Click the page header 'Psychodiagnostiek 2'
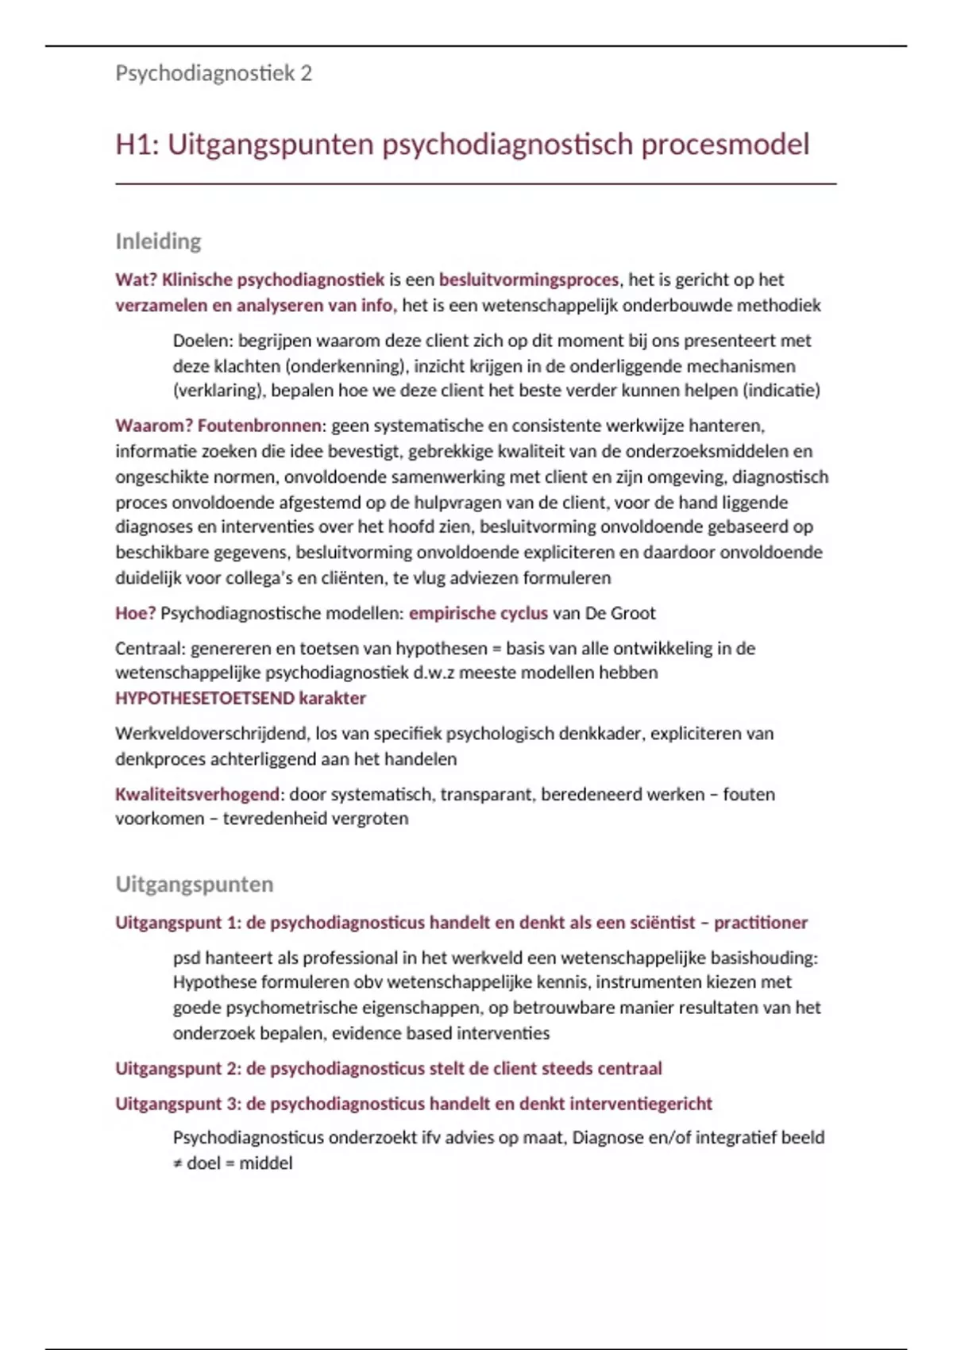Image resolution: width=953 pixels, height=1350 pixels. (214, 74)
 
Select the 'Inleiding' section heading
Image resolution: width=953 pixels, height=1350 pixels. (158, 241)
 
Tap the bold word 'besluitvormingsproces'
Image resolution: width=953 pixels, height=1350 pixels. (528, 280)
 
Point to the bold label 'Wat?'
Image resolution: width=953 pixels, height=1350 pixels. (136, 280)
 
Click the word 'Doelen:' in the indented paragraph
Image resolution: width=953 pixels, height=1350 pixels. (203, 341)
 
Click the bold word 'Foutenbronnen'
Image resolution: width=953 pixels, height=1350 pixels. (260, 426)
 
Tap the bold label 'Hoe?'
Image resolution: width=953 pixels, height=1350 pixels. (135, 613)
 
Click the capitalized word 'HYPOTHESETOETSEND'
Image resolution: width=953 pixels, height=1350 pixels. (205, 698)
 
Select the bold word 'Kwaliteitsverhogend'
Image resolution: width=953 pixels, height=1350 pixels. (198, 794)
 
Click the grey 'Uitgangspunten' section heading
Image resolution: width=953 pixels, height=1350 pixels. (195, 885)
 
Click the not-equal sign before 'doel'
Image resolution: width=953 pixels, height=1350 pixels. (178, 1163)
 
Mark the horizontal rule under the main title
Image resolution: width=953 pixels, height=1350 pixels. (476, 184)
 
